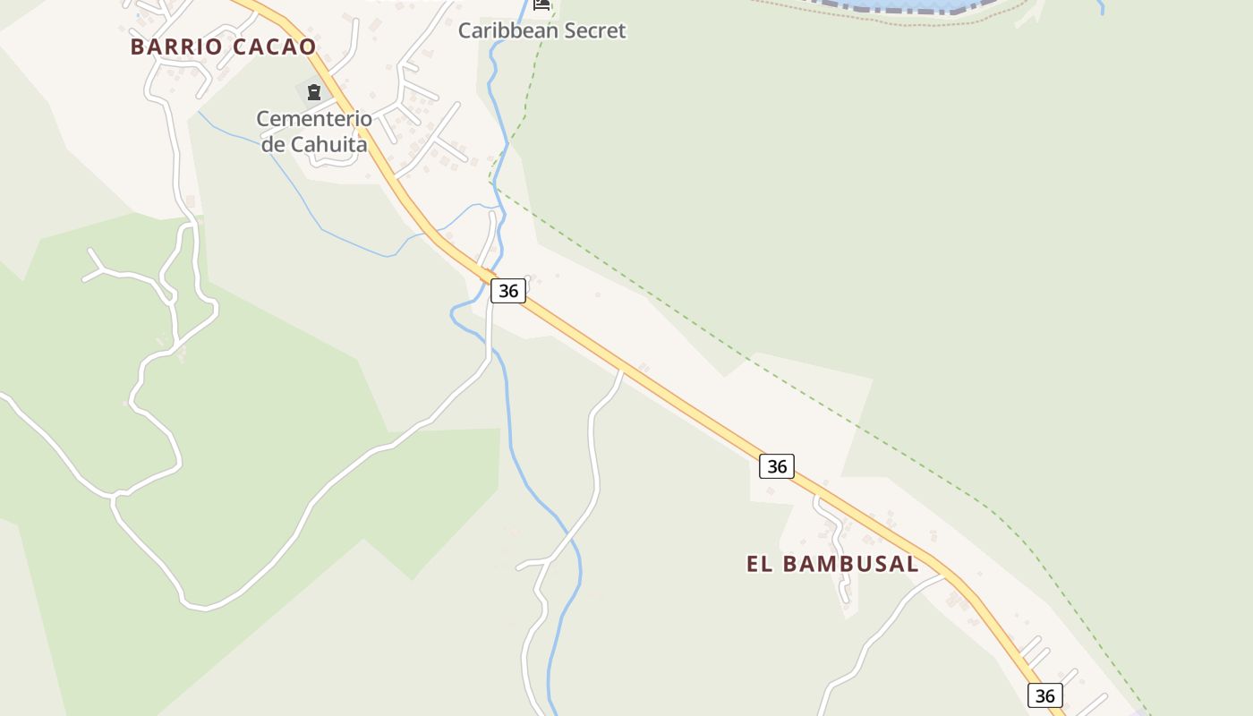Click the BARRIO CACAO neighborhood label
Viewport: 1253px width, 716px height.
pos(223,47)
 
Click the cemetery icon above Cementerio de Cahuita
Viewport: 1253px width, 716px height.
pos(313,91)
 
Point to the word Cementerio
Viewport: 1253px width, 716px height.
pos(314,118)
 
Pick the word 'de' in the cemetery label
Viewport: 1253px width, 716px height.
pos(273,143)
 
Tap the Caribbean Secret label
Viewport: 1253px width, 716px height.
pos(541,30)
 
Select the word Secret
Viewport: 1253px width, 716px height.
pos(594,30)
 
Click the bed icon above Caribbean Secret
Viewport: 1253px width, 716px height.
pos(541,4)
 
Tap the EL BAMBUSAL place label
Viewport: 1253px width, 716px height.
pos(832,564)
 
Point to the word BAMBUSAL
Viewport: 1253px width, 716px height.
pos(851,564)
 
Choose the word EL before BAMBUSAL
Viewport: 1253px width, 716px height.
pos(759,564)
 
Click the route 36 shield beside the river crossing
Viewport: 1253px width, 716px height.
pos(507,291)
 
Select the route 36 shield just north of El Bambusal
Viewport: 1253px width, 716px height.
pos(777,466)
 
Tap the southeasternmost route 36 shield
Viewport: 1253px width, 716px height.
pos(1044,695)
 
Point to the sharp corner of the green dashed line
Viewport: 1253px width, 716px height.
pos(491,183)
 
